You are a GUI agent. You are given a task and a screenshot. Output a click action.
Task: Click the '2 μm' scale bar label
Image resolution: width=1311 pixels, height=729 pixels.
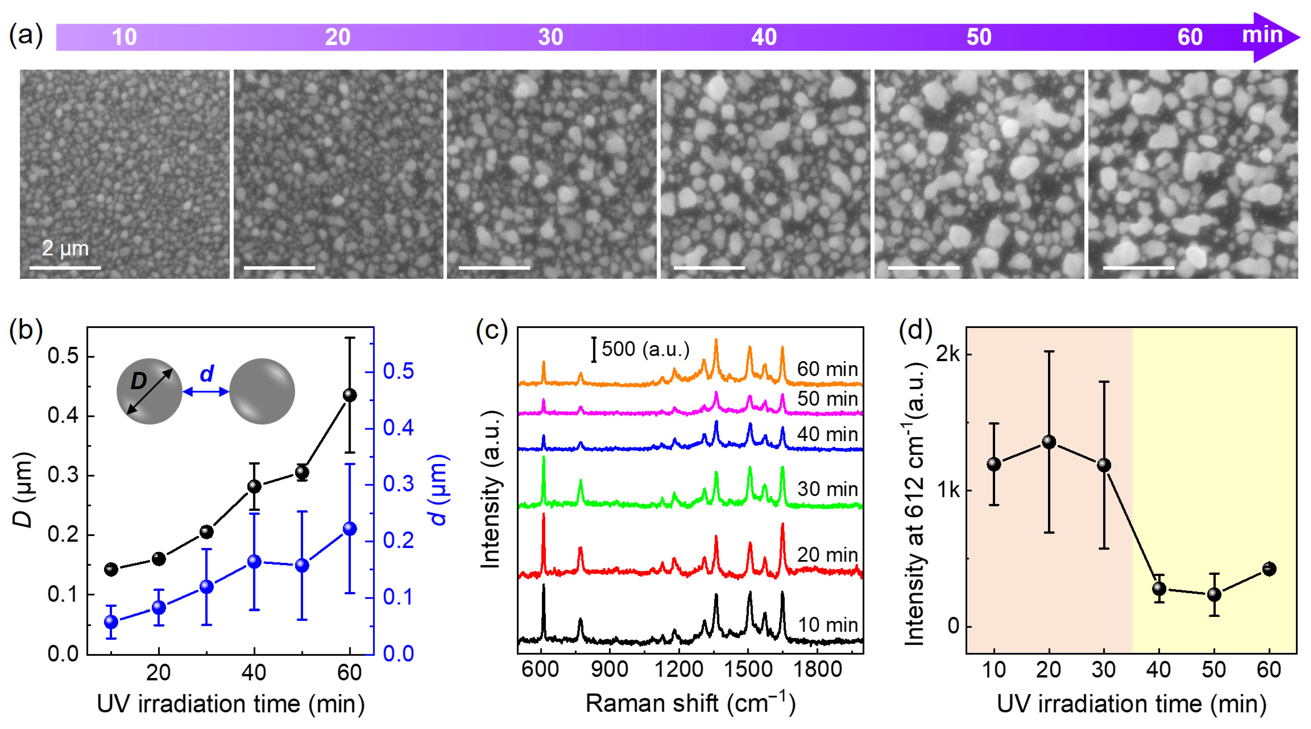click(65, 248)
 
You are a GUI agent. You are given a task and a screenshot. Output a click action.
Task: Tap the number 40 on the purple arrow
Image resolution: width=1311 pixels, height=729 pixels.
click(764, 37)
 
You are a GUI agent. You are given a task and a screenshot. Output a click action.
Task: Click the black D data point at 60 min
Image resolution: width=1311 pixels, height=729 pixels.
click(350, 395)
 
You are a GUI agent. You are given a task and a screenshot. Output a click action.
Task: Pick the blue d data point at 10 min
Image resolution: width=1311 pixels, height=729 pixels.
click(111, 622)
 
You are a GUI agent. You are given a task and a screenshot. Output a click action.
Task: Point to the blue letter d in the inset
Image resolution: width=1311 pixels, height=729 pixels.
click(207, 374)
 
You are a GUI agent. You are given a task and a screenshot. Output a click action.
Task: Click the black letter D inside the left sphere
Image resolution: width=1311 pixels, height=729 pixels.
click(138, 381)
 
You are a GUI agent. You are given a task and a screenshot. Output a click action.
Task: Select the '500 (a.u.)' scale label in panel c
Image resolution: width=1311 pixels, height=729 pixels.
click(645, 349)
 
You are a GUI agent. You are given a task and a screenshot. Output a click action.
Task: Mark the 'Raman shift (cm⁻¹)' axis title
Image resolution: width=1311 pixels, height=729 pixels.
click(690, 704)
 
